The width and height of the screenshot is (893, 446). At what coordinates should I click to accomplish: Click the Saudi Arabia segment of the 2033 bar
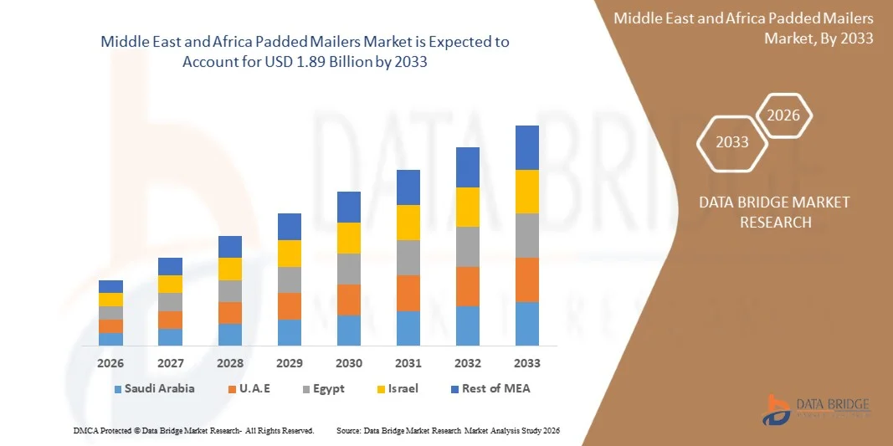pyautogui.click(x=527, y=324)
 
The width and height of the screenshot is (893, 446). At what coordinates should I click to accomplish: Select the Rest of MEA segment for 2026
pyautogui.click(x=110, y=286)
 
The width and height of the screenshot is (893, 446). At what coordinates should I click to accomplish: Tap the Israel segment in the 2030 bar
pyautogui.click(x=349, y=238)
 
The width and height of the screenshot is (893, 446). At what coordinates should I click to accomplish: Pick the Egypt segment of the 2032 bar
pyautogui.click(x=468, y=247)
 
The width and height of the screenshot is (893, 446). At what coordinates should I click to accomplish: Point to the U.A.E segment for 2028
pyautogui.click(x=230, y=313)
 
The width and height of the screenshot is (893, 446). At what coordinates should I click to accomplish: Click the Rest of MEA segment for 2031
pyautogui.click(x=408, y=187)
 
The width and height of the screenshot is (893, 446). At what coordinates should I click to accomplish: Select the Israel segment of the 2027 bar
pyautogui.click(x=170, y=284)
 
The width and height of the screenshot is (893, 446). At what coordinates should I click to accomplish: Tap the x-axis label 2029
pyautogui.click(x=290, y=364)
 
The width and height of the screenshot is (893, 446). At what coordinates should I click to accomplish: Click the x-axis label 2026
pyautogui.click(x=110, y=364)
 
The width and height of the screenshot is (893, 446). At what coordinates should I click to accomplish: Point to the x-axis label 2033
pyautogui.click(x=527, y=364)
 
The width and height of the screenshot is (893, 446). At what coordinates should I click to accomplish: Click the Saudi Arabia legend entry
pyautogui.click(x=155, y=388)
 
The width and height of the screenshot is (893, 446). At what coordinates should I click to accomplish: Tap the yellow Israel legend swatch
pyautogui.click(x=381, y=389)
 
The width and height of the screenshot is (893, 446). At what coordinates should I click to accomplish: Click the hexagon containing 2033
pyautogui.click(x=732, y=142)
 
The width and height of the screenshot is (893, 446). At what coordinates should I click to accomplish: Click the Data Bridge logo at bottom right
pyautogui.click(x=816, y=408)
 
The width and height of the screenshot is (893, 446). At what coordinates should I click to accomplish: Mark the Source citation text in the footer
pyautogui.click(x=447, y=430)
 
